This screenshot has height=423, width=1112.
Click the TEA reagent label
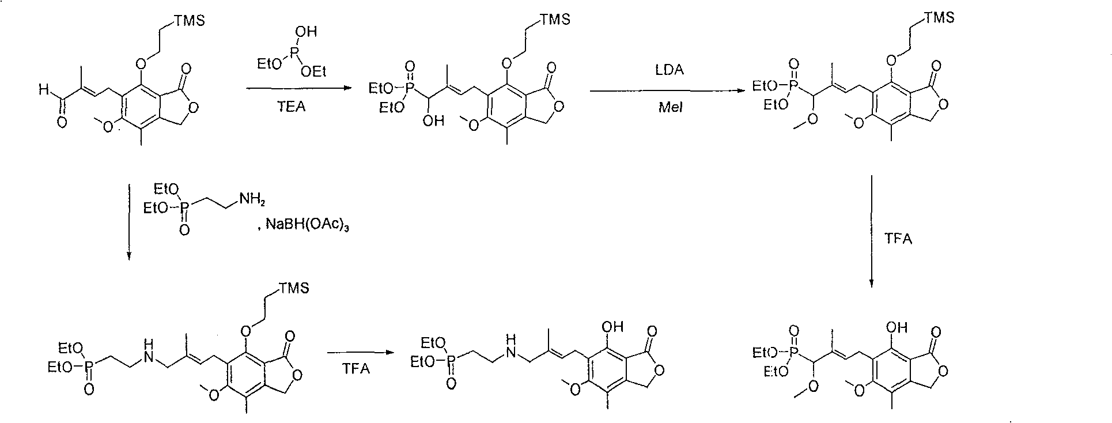tap(292, 107)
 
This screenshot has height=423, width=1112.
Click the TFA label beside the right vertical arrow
tap(898, 238)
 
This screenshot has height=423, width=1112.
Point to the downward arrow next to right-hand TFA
tap(871, 231)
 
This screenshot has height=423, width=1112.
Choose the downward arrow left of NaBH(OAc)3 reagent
tap(128, 222)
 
